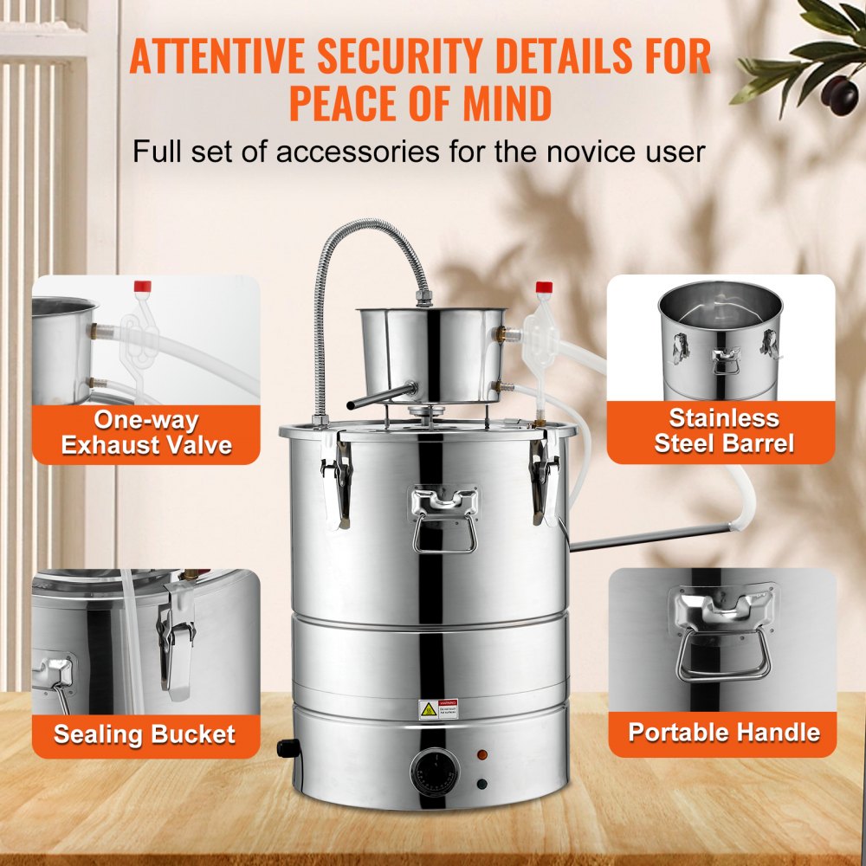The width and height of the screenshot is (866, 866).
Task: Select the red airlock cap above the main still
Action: [x=544, y=287]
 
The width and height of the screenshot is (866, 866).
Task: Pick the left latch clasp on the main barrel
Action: [x=337, y=477]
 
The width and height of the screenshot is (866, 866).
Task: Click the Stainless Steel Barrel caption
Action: [x=724, y=430]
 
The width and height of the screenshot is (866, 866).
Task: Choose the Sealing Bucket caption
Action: [x=145, y=735]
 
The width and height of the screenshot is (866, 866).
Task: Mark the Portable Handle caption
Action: [x=724, y=733]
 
